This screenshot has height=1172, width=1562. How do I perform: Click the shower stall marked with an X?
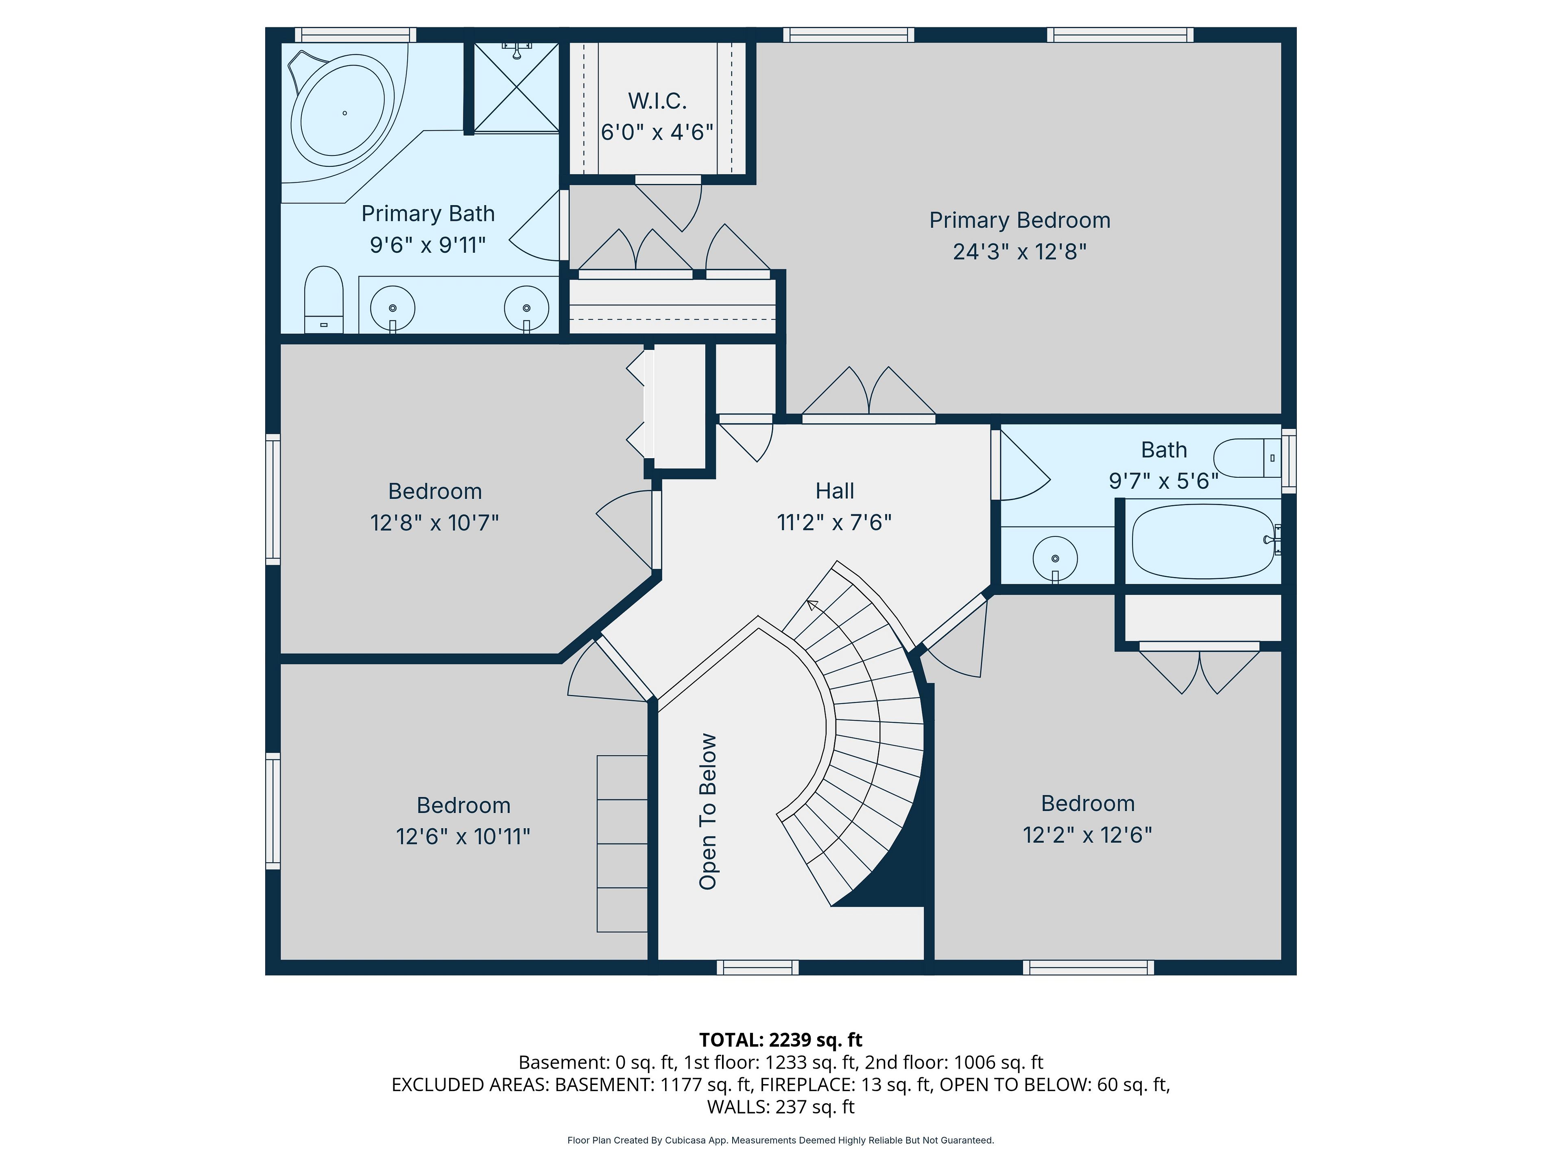point(516,87)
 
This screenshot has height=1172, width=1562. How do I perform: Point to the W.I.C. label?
point(657,101)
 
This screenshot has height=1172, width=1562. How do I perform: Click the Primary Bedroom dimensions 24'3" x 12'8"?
point(1020,251)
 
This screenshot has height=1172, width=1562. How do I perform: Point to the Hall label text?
point(835,491)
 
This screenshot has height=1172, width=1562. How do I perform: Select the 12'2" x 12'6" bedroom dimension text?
point(1087,835)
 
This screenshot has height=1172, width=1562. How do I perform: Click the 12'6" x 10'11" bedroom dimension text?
point(463,836)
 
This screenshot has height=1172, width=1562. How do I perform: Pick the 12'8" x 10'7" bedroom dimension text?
point(435,523)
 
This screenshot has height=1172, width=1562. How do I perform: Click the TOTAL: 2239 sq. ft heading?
point(781,1040)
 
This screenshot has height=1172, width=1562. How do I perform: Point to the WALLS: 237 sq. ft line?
point(781,1107)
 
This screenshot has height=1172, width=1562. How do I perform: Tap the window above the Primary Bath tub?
point(355,35)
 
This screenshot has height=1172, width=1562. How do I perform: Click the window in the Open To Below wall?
point(758,967)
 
